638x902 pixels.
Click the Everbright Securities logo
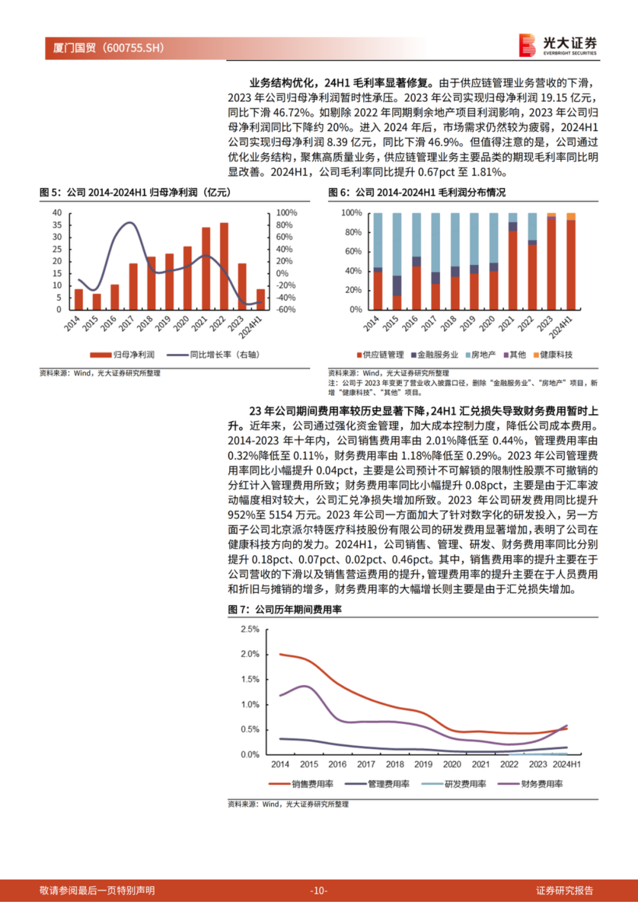coord(558,45)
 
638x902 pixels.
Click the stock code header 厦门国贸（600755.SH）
coord(109,48)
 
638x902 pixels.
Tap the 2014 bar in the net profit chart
coord(79,299)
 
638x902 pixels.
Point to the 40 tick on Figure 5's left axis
coord(57,213)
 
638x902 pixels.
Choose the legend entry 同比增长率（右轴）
coord(213,355)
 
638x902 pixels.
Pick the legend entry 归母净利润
coord(122,355)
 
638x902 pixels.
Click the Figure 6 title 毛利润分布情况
coord(416,193)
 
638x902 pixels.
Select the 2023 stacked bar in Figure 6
coord(551,262)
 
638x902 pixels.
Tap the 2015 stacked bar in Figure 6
coord(397,262)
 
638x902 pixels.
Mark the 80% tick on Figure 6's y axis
coord(353,232)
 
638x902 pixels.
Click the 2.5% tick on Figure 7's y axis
coord(250,629)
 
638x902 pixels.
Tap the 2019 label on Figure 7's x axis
coord(423,764)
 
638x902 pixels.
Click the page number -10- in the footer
coord(318,890)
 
